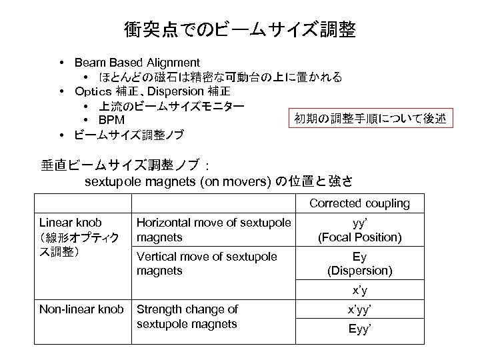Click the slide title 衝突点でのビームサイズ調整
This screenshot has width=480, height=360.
240,30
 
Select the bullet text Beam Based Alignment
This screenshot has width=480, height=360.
137,63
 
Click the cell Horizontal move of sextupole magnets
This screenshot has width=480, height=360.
213,229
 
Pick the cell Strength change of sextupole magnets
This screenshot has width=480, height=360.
187,316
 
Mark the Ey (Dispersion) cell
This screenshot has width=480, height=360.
359,263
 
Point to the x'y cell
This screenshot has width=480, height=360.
359,291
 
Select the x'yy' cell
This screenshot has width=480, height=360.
359,309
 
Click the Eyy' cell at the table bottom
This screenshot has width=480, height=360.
359,329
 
